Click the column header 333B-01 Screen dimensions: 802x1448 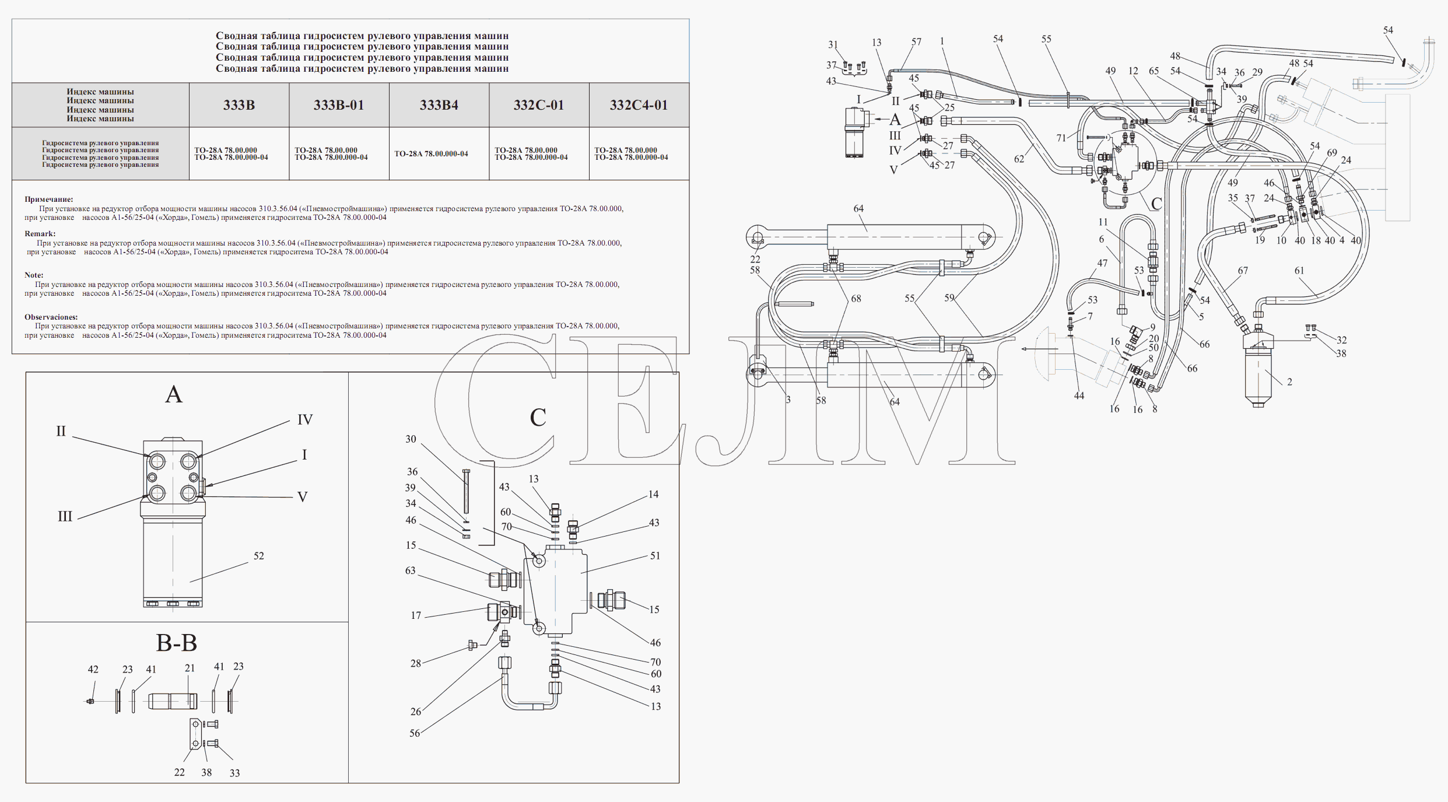[x=339, y=106]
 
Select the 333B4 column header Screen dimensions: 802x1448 [x=439, y=106]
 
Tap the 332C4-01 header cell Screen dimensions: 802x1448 [x=639, y=106]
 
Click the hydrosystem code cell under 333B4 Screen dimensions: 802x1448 [x=431, y=154]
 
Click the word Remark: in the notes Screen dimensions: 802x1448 [x=40, y=234]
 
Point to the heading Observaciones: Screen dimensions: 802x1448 [x=51, y=317]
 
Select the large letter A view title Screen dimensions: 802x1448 [x=174, y=395]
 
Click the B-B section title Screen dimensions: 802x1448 [x=176, y=643]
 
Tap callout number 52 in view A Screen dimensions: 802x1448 [x=259, y=556]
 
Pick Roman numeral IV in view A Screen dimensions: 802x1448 [x=305, y=420]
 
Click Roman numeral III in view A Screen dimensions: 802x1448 [x=65, y=517]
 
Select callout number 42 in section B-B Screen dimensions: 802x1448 [x=93, y=670]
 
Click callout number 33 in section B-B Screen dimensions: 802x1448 [x=234, y=773]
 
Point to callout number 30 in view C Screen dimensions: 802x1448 [x=411, y=439]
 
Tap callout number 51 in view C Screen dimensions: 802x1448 [x=655, y=556]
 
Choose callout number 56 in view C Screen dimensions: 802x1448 [x=415, y=733]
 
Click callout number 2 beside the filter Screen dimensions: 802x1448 [x=1289, y=382]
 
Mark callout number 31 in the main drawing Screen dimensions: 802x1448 [x=833, y=45]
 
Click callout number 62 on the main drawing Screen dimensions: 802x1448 [x=1019, y=159]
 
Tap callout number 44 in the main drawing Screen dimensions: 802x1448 [x=1079, y=396]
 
